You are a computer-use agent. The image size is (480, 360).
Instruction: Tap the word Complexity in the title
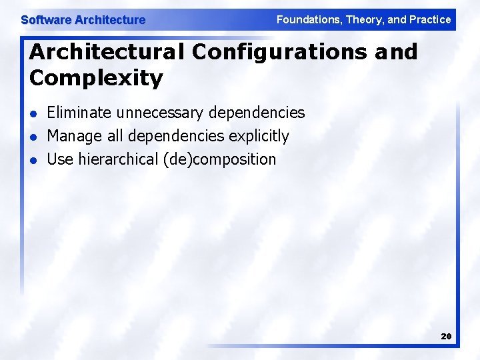point(96,78)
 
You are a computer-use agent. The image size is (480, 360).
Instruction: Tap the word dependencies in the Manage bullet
point(176,137)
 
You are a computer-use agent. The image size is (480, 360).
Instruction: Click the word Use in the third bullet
point(60,159)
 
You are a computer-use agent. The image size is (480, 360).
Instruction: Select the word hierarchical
point(118,159)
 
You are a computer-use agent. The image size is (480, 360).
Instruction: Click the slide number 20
point(446,337)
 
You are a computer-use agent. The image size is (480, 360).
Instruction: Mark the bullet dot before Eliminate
point(33,114)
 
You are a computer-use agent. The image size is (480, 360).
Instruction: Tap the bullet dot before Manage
point(33,137)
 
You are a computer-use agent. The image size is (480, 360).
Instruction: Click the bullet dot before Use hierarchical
point(33,161)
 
